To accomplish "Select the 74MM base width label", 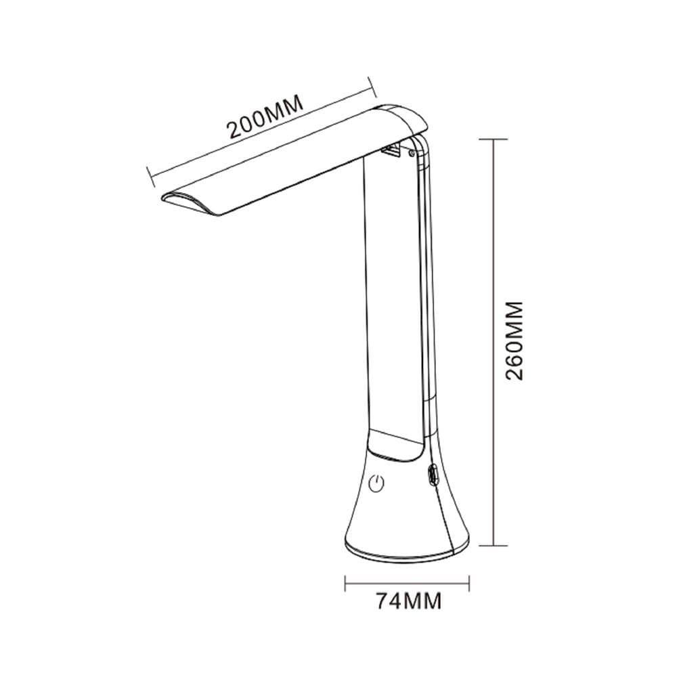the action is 409,600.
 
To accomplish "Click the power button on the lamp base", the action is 376,485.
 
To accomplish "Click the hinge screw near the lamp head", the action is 412,152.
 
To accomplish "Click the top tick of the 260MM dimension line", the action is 494,139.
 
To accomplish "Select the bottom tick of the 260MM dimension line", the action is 494,546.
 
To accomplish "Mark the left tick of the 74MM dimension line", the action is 345,584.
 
